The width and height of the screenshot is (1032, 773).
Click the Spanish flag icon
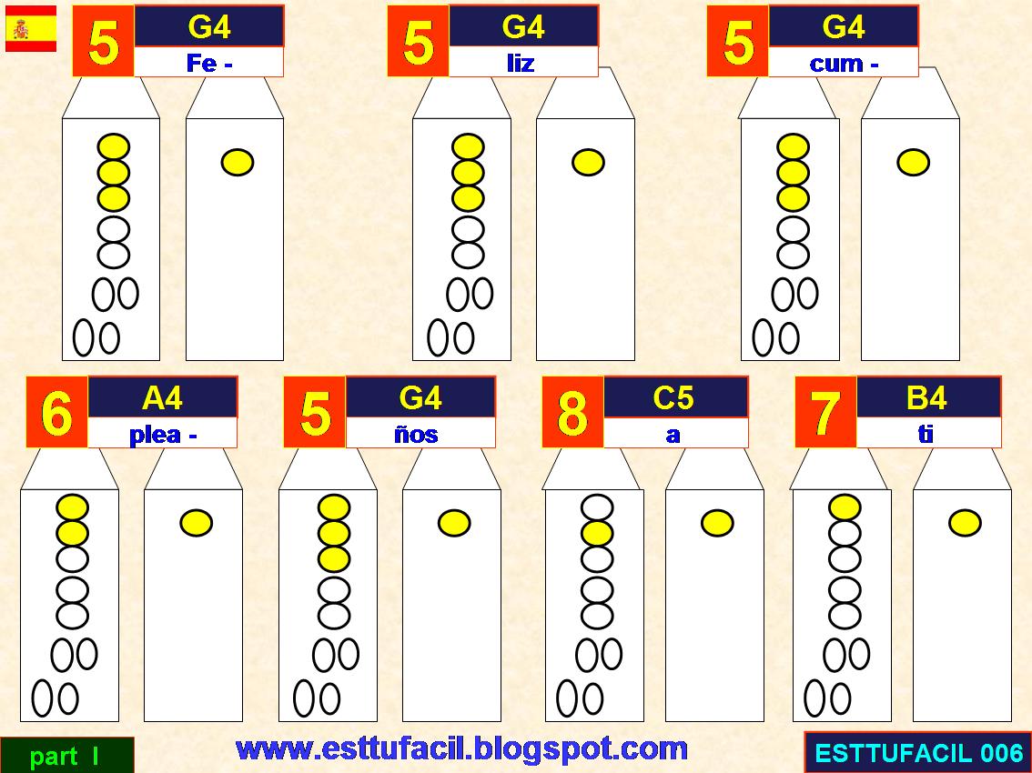(x=31, y=28)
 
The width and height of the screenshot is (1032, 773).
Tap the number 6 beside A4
(x=56, y=412)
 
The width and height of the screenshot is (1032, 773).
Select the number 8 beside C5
(x=572, y=412)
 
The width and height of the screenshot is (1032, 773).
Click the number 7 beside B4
(x=825, y=412)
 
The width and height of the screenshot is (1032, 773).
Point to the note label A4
(x=163, y=397)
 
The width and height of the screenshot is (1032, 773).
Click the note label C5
(x=673, y=397)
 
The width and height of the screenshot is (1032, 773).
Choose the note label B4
(x=926, y=397)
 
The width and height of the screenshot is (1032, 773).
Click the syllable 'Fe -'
(x=208, y=64)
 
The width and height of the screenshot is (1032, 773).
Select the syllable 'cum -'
(x=844, y=64)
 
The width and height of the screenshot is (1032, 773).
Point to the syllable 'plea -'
(x=163, y=435)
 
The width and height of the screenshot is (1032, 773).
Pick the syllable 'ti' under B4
(x=926, y=435)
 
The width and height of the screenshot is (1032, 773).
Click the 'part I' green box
(x=66, y=756)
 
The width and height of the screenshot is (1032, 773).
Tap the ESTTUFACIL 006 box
(x=918, y=753)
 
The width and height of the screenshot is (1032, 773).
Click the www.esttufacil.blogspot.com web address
(x=461, y=748)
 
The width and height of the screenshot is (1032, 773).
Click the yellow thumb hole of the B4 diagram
(x=965, y=523)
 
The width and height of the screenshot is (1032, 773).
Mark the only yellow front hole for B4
(x=845, y=507)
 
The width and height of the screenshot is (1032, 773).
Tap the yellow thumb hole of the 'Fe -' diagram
(x=237, y=163)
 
